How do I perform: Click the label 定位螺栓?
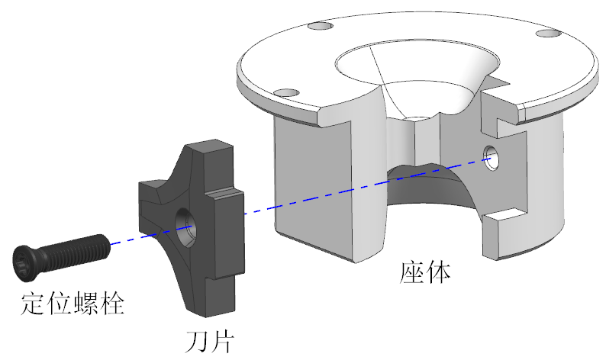[x=73, y=304]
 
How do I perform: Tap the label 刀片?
[x=209, y=342]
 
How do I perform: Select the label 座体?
[x=425, y=272]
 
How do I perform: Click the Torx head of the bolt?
[x=22, y=262]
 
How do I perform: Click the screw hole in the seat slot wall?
[x=491, y=158]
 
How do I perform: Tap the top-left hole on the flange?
[x=320, y=26]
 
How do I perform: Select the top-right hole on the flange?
[x=549, y=34]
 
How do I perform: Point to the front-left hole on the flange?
[x=286, y=93]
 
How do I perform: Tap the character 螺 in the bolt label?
[x=85, y=304]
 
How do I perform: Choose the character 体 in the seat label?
[x=438, y=272]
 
